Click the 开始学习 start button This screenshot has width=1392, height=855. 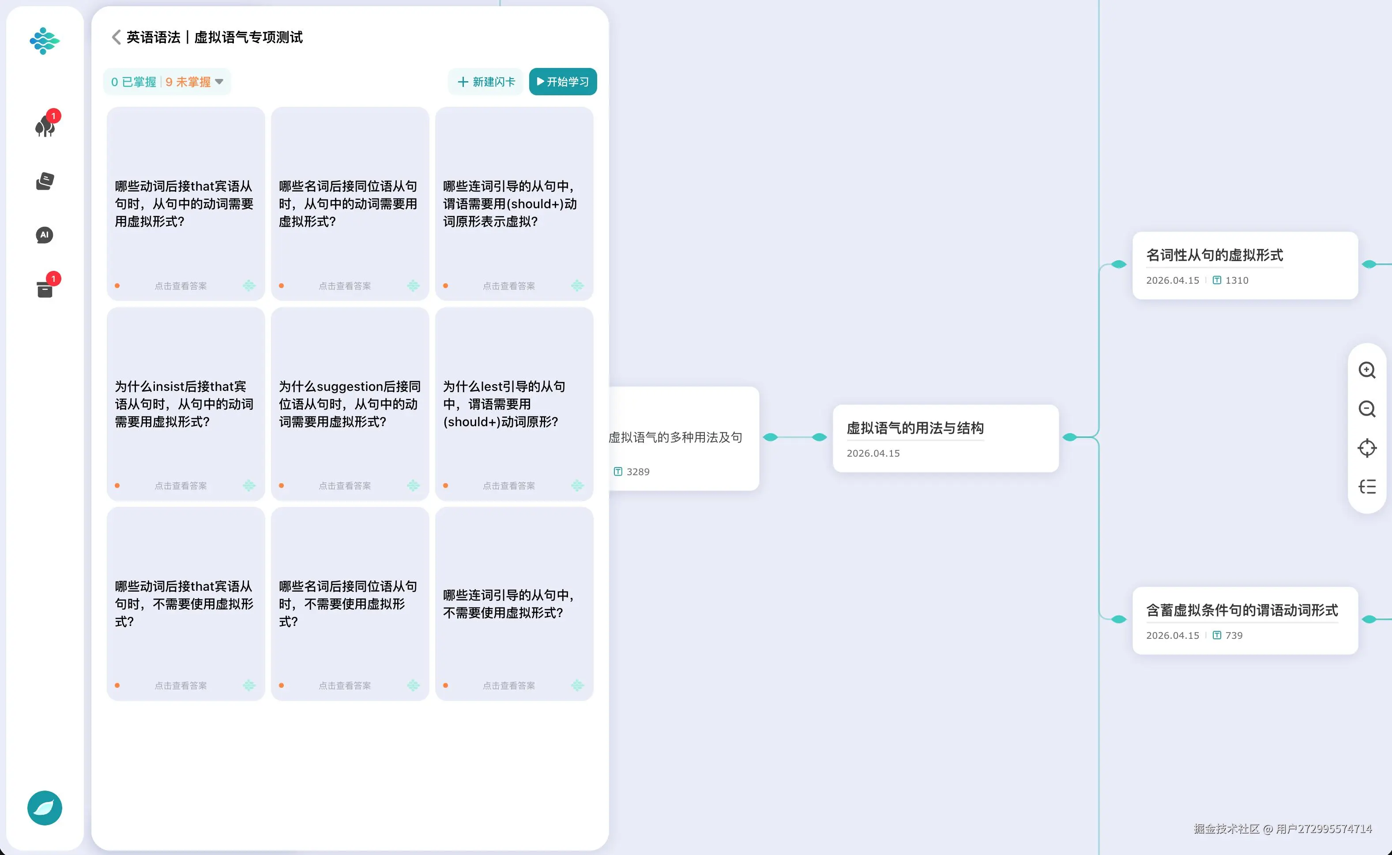pos(563,82)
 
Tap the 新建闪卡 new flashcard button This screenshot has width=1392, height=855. pos(486,82)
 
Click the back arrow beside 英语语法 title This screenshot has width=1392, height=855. pos(116,37)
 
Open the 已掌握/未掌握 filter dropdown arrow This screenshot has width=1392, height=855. pos(219,82)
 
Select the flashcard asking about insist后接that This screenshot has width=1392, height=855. pos(185,404)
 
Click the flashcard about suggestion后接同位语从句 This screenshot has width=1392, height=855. pos(350,404)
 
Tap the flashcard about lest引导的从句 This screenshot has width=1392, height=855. pos(514,404)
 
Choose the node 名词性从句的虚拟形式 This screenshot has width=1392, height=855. pos(1245,265)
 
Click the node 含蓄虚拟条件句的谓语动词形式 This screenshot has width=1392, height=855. pos(1245,620)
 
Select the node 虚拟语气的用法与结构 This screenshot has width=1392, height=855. pos(946,438)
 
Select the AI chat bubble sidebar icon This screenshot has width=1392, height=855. pos(45,235)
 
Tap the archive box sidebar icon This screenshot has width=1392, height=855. pos(45,289)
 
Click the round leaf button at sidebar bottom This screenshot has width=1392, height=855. pos(45,807)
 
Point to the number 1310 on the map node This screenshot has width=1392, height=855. pos(1237,281)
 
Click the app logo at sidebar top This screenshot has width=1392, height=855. pos(45,41)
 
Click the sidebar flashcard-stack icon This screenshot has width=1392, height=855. pos(45,181)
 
